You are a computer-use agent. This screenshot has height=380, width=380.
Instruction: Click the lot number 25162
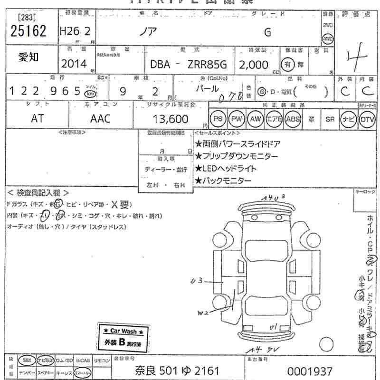(28, 31)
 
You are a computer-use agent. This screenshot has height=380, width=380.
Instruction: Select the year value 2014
(74, 64)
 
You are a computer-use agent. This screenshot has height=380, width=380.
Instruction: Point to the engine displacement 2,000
(255, 64)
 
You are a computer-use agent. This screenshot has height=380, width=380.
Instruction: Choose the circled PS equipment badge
(218, 118)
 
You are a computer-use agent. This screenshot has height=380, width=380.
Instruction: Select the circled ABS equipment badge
(293, 118)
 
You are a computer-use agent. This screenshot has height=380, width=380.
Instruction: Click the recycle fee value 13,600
(171, 119)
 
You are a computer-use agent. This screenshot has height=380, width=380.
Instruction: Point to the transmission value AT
(37, 119)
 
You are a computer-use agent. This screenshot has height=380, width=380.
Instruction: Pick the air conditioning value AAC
(100, 119)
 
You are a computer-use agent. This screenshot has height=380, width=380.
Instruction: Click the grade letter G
(267, 32)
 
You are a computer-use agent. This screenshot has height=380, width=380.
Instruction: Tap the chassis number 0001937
(310, 370)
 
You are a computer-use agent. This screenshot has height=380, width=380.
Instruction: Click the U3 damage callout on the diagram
(196, 281)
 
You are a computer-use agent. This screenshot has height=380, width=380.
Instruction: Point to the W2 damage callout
(203, 313)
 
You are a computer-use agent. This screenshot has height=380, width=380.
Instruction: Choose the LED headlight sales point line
(226, 168)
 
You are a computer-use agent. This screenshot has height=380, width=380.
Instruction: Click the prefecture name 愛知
(29, 57)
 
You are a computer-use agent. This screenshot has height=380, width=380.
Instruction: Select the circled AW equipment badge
(255, 118)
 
